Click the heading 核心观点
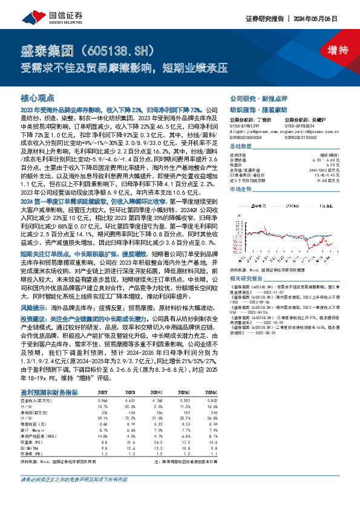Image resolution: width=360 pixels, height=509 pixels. [38, 97]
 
